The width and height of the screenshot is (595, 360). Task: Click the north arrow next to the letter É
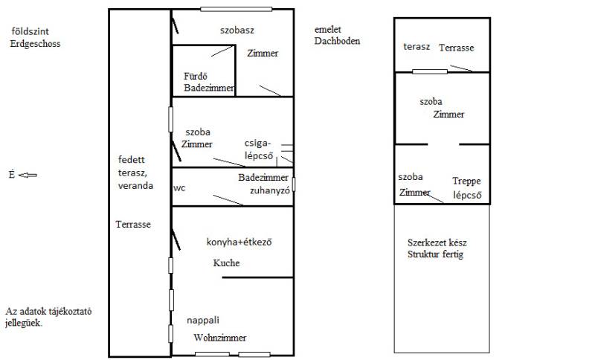pos(28,175)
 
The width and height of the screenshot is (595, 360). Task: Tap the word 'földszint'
pos(30,31)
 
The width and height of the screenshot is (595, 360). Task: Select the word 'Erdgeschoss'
pos(35,44)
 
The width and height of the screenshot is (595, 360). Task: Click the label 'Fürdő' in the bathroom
pos(196,77)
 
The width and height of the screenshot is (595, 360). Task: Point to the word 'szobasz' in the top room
pos(237,30)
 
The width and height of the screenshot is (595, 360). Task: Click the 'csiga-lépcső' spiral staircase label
pos(258,150)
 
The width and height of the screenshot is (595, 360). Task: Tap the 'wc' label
pos(179,188)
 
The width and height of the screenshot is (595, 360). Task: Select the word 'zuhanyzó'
pos(269,190)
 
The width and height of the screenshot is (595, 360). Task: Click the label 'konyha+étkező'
pos(239,242)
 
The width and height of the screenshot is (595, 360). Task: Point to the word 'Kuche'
pos(226,263)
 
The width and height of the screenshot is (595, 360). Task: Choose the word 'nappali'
pos(202,321)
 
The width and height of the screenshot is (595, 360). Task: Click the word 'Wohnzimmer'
pos(219,337)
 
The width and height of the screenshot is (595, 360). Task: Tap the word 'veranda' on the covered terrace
pos(135,185)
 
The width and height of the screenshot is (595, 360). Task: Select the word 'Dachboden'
pos(337,41)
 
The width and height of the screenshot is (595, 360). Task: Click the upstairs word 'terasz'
pos(416,47)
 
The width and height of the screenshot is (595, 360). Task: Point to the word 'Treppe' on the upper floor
pos(466,181)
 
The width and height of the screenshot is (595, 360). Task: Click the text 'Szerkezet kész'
pos(437,242)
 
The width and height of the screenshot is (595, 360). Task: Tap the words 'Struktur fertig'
pos(435,254)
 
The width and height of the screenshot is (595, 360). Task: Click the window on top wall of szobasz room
pos(236,9)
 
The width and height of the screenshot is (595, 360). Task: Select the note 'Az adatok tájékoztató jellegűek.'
pos(48,317)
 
